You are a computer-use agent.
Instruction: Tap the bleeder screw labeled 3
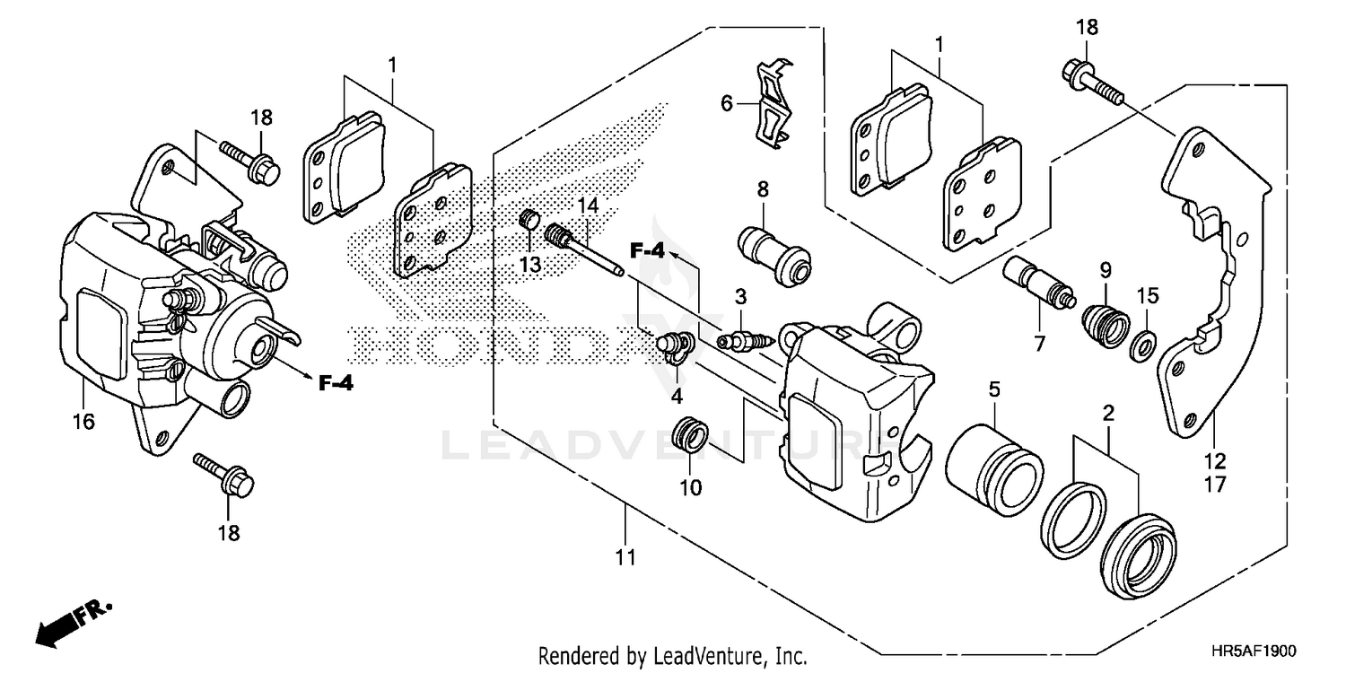click(743, 342)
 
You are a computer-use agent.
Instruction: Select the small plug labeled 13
click(530, 218)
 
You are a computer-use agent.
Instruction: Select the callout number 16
click(83, 421)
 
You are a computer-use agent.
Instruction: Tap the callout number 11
click(625, 557)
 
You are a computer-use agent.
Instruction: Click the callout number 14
click(587, 205)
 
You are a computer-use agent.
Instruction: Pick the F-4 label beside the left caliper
click(335, 384)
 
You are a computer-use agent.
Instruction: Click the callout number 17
click(1215, 485)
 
